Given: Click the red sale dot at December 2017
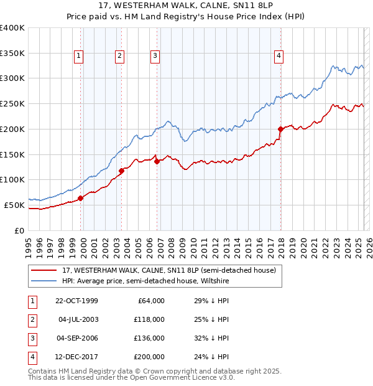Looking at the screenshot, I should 280,129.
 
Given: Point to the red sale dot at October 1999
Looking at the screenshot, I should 81,198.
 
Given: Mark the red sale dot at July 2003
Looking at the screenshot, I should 121,171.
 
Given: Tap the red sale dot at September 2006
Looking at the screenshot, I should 157,161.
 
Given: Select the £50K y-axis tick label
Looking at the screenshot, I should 15,205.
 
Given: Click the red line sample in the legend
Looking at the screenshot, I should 44,270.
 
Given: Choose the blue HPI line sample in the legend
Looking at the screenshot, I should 44,281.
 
